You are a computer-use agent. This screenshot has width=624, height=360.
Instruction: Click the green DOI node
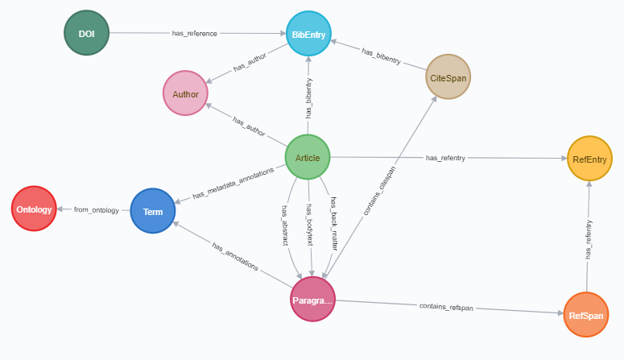(86, 33)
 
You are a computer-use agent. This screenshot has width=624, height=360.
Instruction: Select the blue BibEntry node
(308, 34)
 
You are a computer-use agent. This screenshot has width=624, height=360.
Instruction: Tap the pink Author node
(185, 93)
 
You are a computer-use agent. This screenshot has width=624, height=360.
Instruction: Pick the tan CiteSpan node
(448, 77)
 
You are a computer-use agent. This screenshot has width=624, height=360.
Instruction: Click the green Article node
(308, 156)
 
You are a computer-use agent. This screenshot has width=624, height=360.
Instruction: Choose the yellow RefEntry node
(590, 158)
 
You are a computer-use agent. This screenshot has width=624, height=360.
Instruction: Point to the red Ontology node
(34, 209)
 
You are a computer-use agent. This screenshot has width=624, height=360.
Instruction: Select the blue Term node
(152, 211)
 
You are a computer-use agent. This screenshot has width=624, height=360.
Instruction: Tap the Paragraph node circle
(312, 298)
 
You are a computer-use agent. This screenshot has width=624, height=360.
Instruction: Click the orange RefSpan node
(585, 315)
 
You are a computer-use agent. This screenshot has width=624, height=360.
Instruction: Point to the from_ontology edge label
(96, 210)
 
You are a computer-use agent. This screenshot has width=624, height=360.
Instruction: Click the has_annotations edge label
(235, 256)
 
